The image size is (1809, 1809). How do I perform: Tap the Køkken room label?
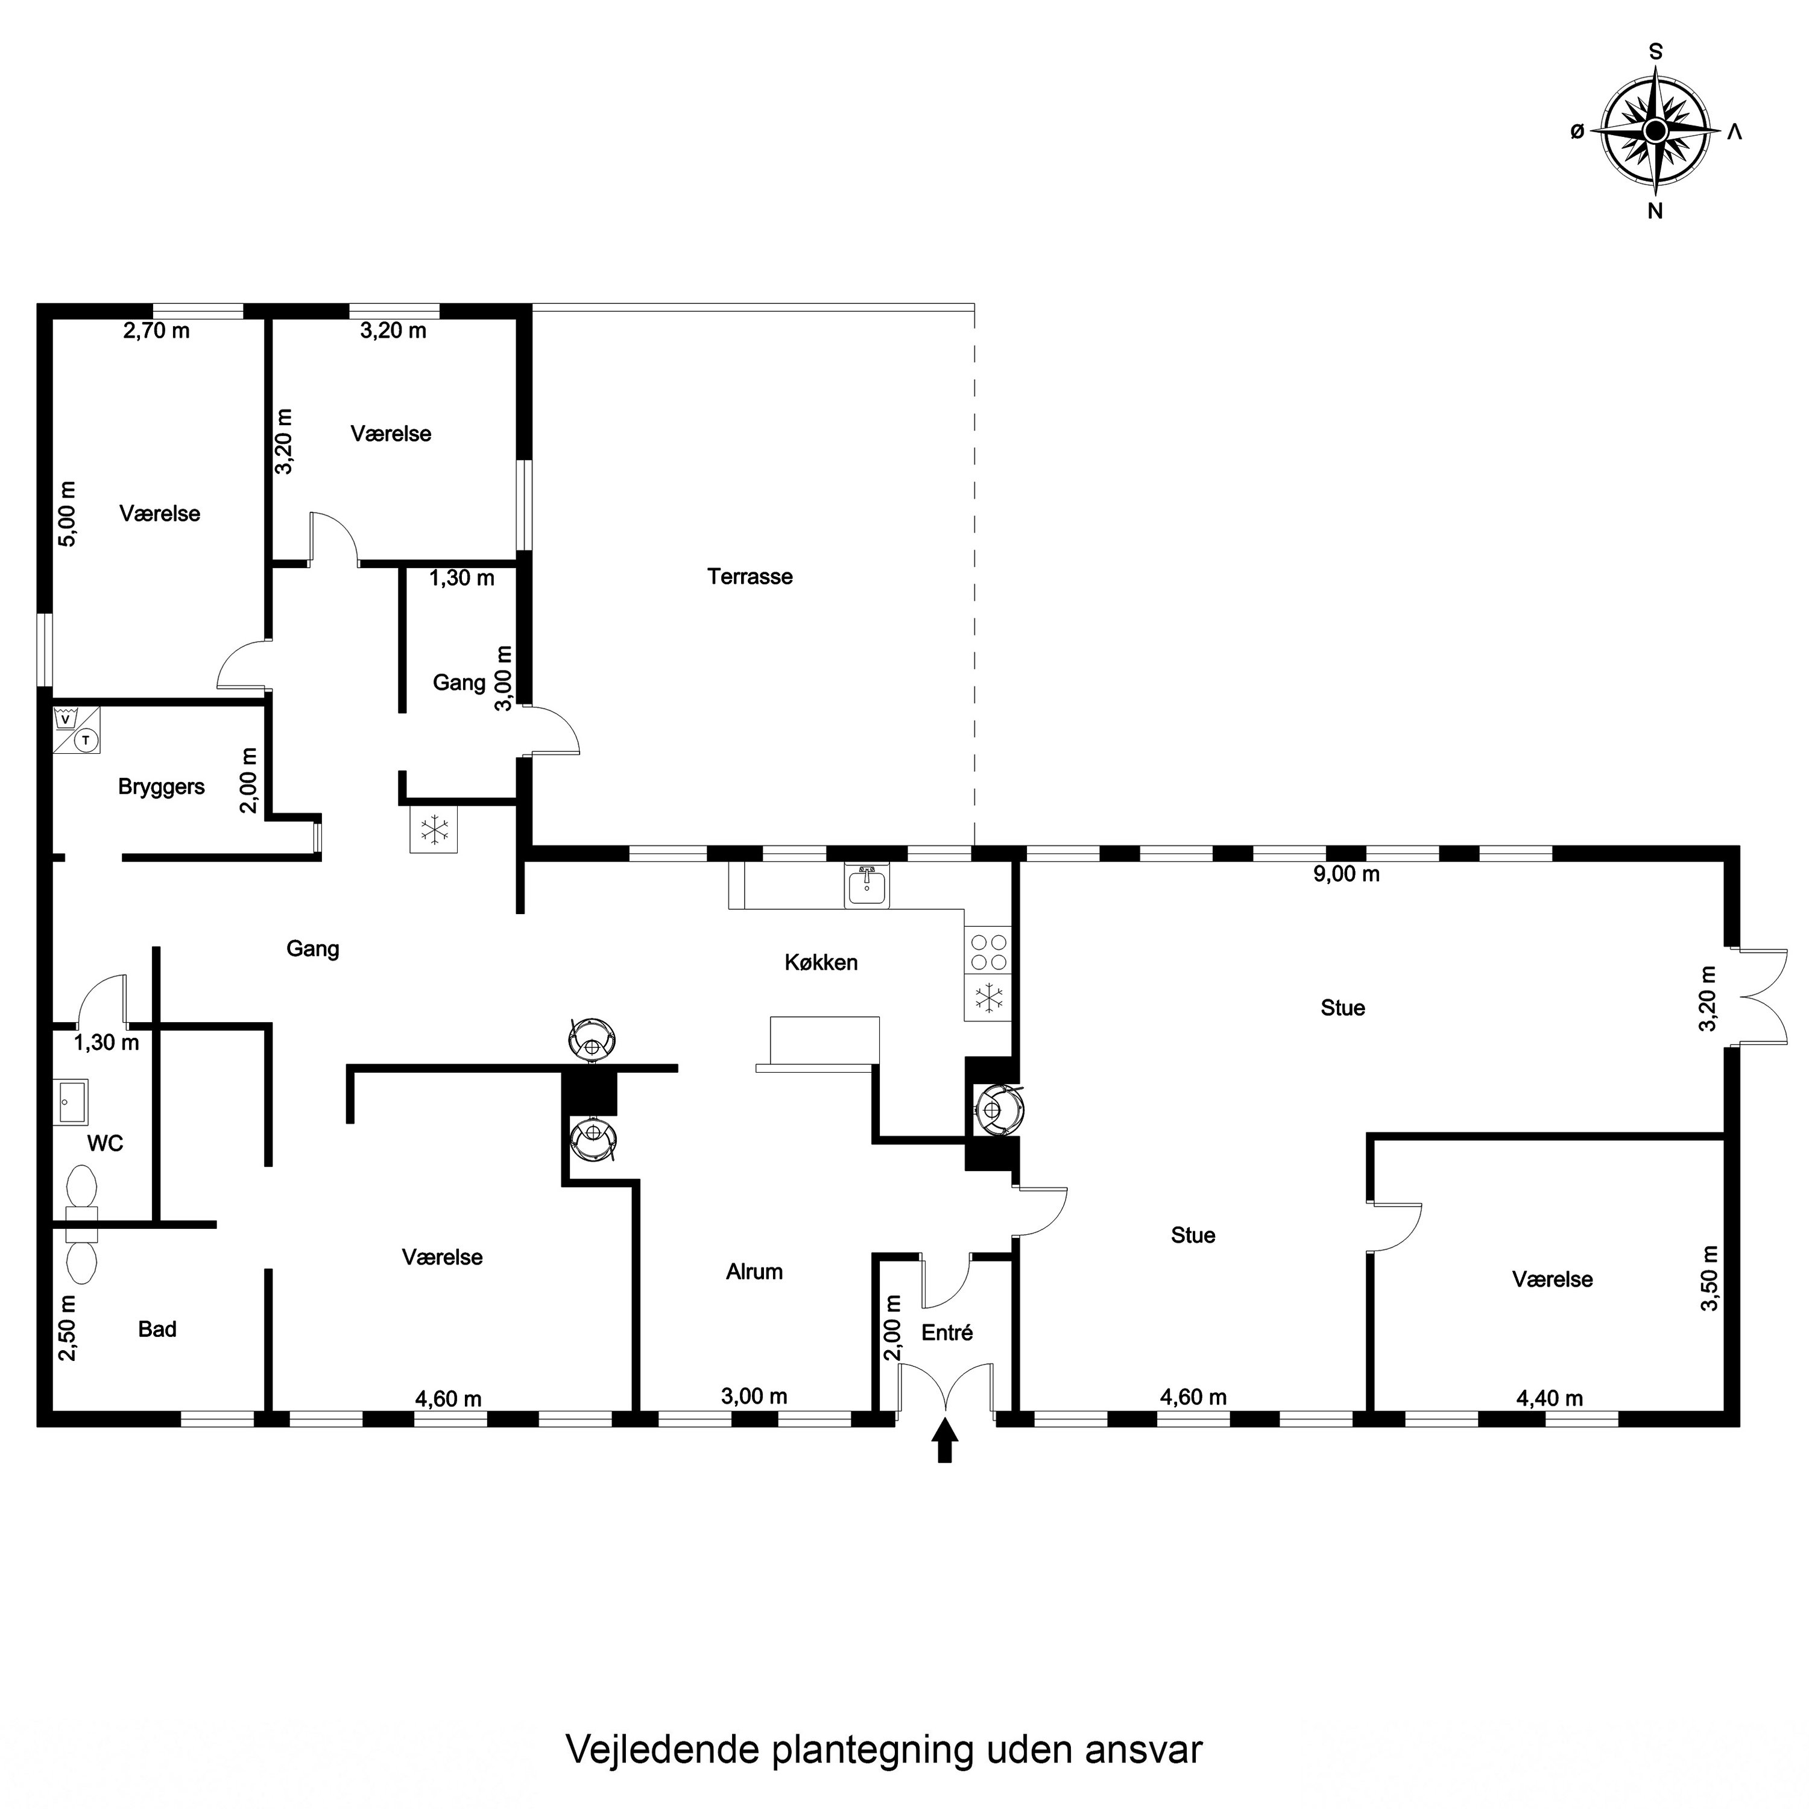821,962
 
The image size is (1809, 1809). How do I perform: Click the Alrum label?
754,1272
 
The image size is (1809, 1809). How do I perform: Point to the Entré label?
947,1333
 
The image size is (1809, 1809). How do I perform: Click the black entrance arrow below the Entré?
945,1439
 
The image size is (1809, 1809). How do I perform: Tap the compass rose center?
1655,130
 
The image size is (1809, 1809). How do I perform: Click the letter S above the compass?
1655,52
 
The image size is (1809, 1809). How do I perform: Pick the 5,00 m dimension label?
68,514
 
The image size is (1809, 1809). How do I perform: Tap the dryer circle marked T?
86,740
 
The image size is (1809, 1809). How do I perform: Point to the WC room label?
105,1143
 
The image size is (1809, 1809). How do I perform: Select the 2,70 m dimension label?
156,330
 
